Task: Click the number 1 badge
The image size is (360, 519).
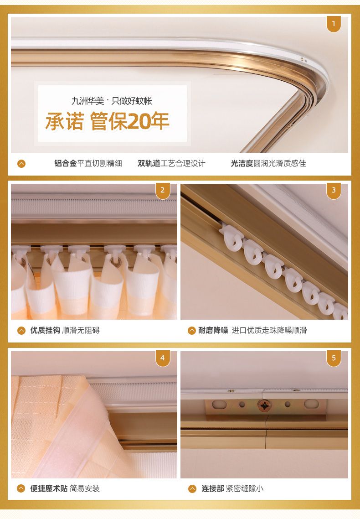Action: (334, 24)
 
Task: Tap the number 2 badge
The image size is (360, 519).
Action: (163, 191)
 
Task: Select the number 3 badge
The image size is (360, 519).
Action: (334, 191)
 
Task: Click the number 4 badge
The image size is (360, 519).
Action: (163, 358)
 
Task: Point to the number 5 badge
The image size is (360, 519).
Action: (334, 358)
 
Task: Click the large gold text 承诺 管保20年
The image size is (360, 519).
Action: (108, 121)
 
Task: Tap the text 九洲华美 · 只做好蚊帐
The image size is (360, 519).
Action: (112, 101)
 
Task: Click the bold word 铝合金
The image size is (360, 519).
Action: (66, 163)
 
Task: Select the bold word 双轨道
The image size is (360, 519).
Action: (149, 163)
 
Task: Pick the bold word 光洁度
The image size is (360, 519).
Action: (242, 163)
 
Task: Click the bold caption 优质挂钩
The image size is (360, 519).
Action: (45, 330)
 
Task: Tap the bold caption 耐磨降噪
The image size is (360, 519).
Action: (213, 330)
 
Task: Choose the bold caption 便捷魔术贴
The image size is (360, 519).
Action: (49, 488)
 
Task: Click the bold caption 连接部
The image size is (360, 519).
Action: (213, 488)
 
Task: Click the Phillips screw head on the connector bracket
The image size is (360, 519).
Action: (264, 405)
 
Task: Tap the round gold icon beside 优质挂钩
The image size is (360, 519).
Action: (21, 331)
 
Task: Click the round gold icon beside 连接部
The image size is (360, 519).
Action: (192, 489)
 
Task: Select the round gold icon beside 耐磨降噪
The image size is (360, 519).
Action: (192, 331)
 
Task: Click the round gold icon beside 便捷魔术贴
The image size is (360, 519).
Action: (21, 488)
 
